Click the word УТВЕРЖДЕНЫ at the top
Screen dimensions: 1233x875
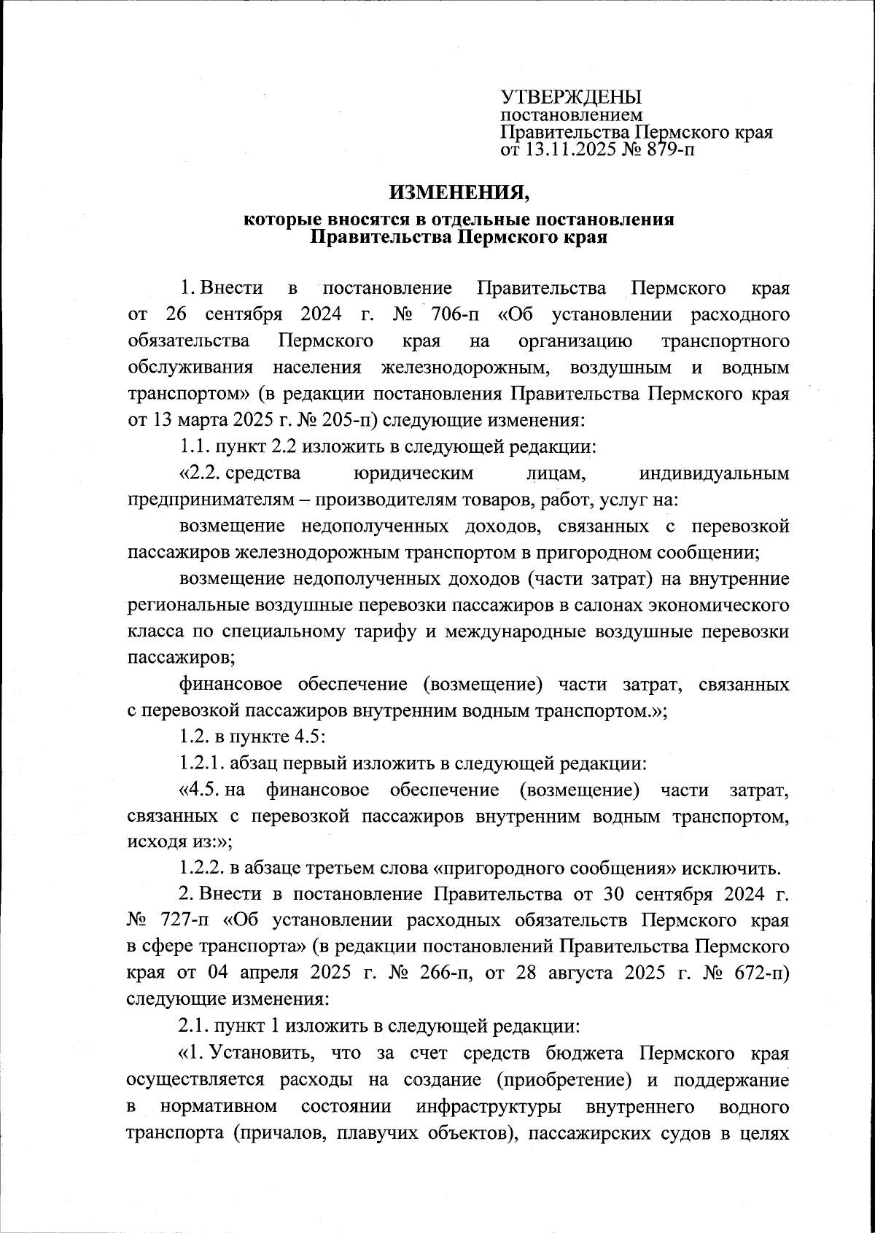[x=570, y=97]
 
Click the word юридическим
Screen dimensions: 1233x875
[x=413, y=473]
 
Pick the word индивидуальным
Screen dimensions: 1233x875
[x=713, y=473]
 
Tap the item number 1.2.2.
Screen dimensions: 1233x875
[x=202, y=868]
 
